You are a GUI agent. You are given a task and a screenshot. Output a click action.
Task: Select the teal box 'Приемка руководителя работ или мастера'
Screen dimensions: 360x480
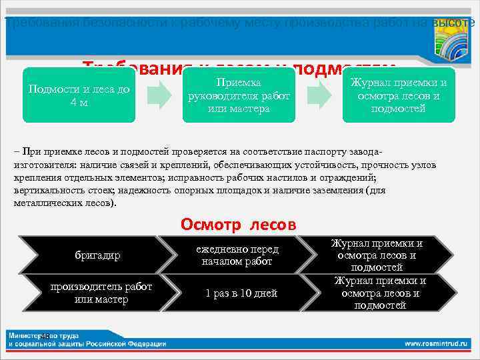tap(239, 95)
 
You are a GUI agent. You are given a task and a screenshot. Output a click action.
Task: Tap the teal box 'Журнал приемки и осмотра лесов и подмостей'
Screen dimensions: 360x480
tap(398, 95)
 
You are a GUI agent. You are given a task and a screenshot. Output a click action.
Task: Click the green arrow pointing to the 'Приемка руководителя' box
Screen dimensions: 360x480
tap(158, 96)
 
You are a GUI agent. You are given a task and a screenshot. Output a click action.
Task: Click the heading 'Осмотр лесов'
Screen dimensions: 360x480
tap(239, 225)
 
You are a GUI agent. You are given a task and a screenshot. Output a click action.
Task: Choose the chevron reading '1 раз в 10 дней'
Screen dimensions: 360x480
tap(241, 293)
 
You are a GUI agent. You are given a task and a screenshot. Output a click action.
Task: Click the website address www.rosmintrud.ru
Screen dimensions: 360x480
tap(437, 343)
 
